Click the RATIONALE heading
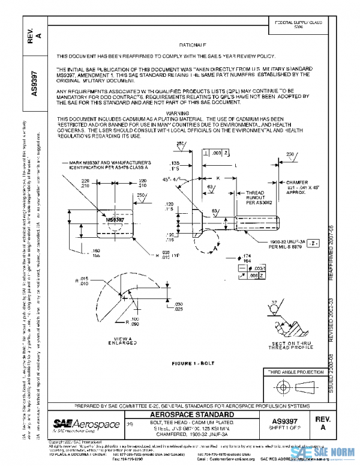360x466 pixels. [x=193, y=46]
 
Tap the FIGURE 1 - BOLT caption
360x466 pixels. [x=193, y=364]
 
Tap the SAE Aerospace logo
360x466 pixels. [x=79, y=424]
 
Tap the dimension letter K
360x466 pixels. [x=217, y=178]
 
